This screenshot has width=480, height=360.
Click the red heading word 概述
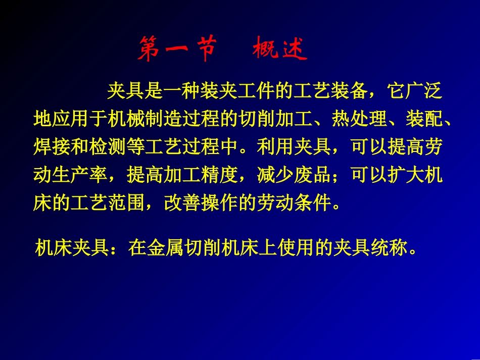coord(279,49)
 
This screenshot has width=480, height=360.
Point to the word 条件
coord(313,202)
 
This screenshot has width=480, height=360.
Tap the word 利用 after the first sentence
coord(276,147)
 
